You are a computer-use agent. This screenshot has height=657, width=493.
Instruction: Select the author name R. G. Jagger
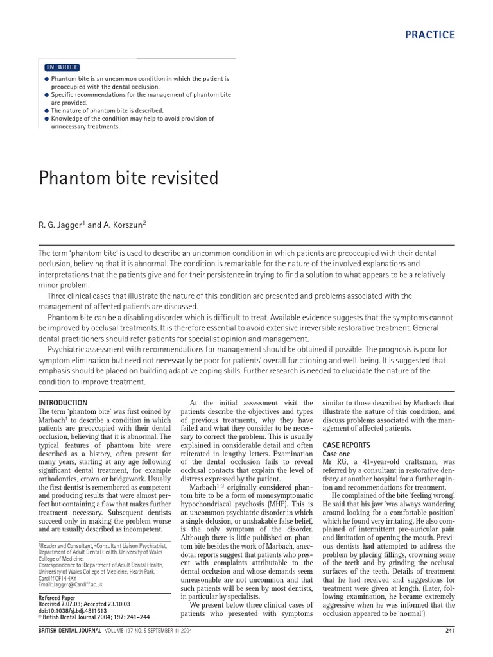[60, 225]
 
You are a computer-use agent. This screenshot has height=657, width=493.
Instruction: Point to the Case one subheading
[337, 454]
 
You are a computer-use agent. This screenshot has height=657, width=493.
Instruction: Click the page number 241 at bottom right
[449, 647]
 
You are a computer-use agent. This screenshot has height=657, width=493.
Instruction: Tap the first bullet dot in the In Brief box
[47, 79]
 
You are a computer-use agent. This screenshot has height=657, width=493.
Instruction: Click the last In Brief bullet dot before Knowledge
[47, 119]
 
